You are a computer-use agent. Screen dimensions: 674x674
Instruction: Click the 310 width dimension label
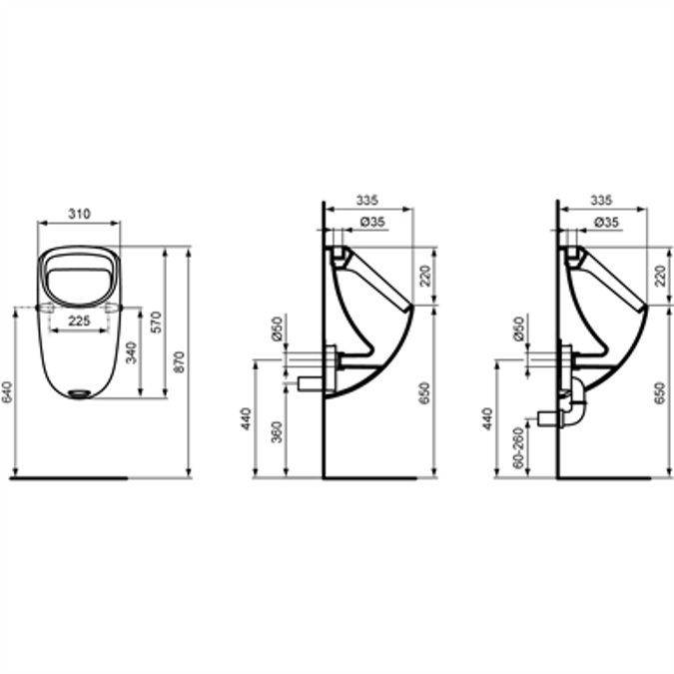coord(79,214)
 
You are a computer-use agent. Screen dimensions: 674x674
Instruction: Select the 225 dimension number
coord(81,321)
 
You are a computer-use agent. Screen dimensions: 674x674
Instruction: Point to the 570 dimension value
coord(156,322)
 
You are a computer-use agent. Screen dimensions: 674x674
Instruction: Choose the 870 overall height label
coord(180,359)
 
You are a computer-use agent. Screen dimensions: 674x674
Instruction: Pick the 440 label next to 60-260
coord(486,417)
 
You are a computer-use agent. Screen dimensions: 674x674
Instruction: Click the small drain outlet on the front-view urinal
coord(80,392)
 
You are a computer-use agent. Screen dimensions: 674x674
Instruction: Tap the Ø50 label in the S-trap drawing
coord(516,329)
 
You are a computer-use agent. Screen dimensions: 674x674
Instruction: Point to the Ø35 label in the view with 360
coord(372,222)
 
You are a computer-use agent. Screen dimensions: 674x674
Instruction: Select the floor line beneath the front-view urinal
coord(70,477)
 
